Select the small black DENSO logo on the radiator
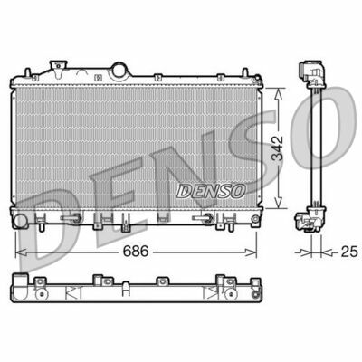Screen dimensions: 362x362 [211, 189]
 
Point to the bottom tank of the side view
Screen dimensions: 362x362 [309, 216]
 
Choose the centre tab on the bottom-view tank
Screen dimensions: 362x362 [126, 291]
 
